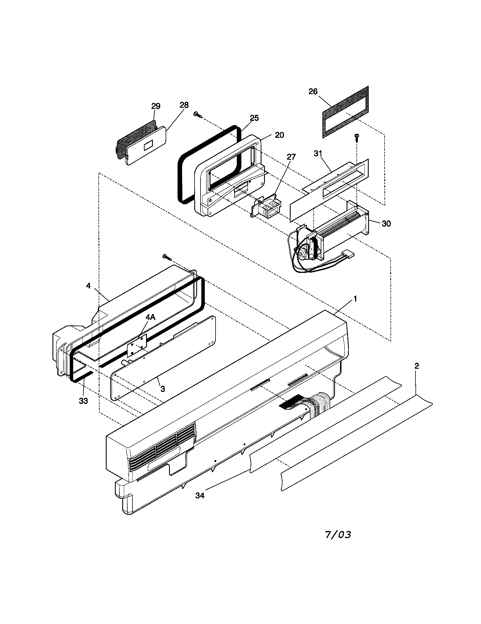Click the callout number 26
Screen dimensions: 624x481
(x=313, y=91)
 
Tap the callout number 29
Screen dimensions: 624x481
(x=156, y=106)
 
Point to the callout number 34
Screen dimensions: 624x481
(x=200, y=496)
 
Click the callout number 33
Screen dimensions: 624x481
(x=83, y=401)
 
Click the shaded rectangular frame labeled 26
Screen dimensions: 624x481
(x=345, y=112)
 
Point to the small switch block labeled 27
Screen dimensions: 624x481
(x=267, y=206)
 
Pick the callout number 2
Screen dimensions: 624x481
(x=417, y=366)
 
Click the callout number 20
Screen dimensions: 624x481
(x=279, y=135)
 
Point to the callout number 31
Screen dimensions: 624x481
(x=318, y=153)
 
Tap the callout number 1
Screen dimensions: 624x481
(x=355, y=299)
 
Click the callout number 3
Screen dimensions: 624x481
(x=163, y=389)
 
